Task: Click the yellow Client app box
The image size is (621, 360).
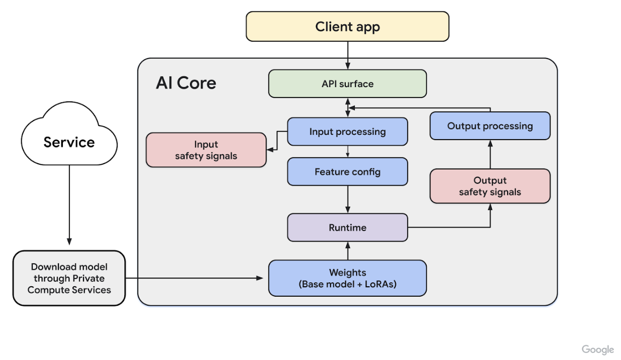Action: (x=347, y=27)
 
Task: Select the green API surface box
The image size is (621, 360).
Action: (x=347, y=84)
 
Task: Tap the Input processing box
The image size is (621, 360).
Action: (x=347, y=131)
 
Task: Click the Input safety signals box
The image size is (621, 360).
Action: (x=206, y=150)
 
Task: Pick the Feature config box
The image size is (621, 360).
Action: (x=347, y=171)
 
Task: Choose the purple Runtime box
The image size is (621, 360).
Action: (x=347, y=228)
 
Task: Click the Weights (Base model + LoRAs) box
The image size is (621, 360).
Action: (x=347, y=278)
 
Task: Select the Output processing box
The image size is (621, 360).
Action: (x=490, y=126)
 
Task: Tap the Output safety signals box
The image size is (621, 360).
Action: (x=490, y=186)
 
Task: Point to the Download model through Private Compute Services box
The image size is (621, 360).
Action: (x=69, y=278)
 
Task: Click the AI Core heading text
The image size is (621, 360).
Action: (x=186, y=83)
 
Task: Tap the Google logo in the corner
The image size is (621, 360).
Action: (x=598, y=350)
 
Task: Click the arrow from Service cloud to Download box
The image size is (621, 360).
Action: (x=69, y=205)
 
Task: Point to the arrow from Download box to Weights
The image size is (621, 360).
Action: (x=195, y=278)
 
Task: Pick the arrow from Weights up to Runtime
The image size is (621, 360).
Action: (x=348, y=250)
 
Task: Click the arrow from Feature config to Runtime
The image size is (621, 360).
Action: (x=348, y=199)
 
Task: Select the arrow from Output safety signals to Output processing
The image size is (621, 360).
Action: (x=490, y=154)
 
